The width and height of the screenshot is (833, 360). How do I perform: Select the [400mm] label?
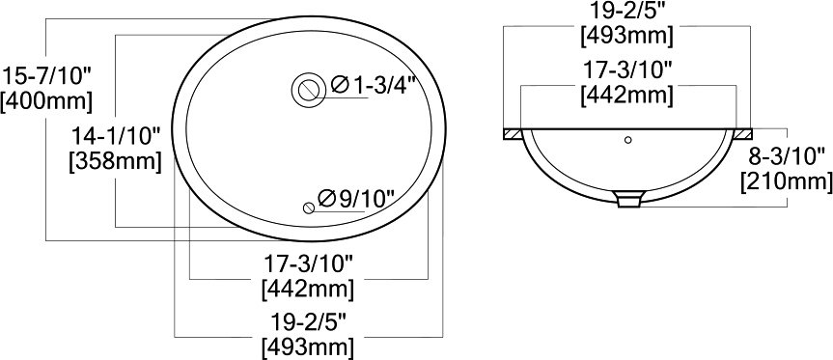[x=46, y=102]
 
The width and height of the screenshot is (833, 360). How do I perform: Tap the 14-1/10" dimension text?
[x=116, y=136]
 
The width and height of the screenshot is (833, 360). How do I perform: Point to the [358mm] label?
[x=115, y=161]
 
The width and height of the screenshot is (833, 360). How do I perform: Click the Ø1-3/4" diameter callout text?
[x=372, y=86]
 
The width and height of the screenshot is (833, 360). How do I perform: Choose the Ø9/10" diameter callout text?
[x=356, y=199]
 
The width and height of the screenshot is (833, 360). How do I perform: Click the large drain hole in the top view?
[x=308, y=90]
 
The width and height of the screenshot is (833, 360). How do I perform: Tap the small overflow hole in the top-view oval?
[x=309, y=208]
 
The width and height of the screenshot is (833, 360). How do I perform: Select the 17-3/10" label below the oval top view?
[x=309, y=263]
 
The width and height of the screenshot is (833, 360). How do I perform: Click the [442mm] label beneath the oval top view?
[x=308, y=290]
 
